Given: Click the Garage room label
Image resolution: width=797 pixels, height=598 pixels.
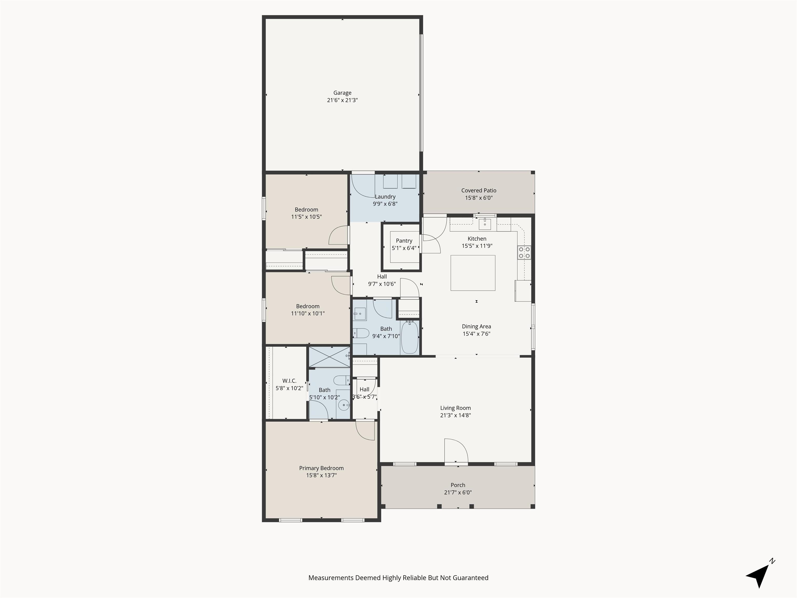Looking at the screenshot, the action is [x=342, y=93].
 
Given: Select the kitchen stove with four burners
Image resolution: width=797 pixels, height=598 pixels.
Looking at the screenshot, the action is [x=524, y=252].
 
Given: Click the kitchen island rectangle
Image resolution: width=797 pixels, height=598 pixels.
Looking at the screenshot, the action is [x=473, y=273].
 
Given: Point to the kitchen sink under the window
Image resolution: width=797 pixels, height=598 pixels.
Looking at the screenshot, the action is [x=485, y=224].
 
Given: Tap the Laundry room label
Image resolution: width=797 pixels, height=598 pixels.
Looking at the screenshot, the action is [x=385, y=196].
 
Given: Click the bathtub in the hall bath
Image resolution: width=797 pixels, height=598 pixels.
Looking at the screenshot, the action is [x=410, y=337].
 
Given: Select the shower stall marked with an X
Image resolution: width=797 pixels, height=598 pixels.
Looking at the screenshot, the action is [x=329, y=357].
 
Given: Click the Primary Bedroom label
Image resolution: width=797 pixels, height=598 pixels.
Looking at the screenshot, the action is [x=321, y=468].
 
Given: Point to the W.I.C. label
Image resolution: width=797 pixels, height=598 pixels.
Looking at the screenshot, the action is [x=289, y=381].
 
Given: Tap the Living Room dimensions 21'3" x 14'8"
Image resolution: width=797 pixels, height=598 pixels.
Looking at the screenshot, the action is [x=455, y=415].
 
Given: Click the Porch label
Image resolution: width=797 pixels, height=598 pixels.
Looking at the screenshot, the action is [x=458, y=485].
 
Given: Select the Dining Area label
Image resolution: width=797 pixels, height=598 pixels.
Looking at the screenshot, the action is [x=476, y=326].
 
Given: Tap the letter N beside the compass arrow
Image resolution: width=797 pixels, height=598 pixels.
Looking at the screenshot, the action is [x=772, y=561].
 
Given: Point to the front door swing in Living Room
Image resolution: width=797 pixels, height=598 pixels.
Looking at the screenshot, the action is [x=456, y=450].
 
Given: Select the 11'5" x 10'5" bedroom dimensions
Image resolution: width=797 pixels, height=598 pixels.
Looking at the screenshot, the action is [x=306, y=217].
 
